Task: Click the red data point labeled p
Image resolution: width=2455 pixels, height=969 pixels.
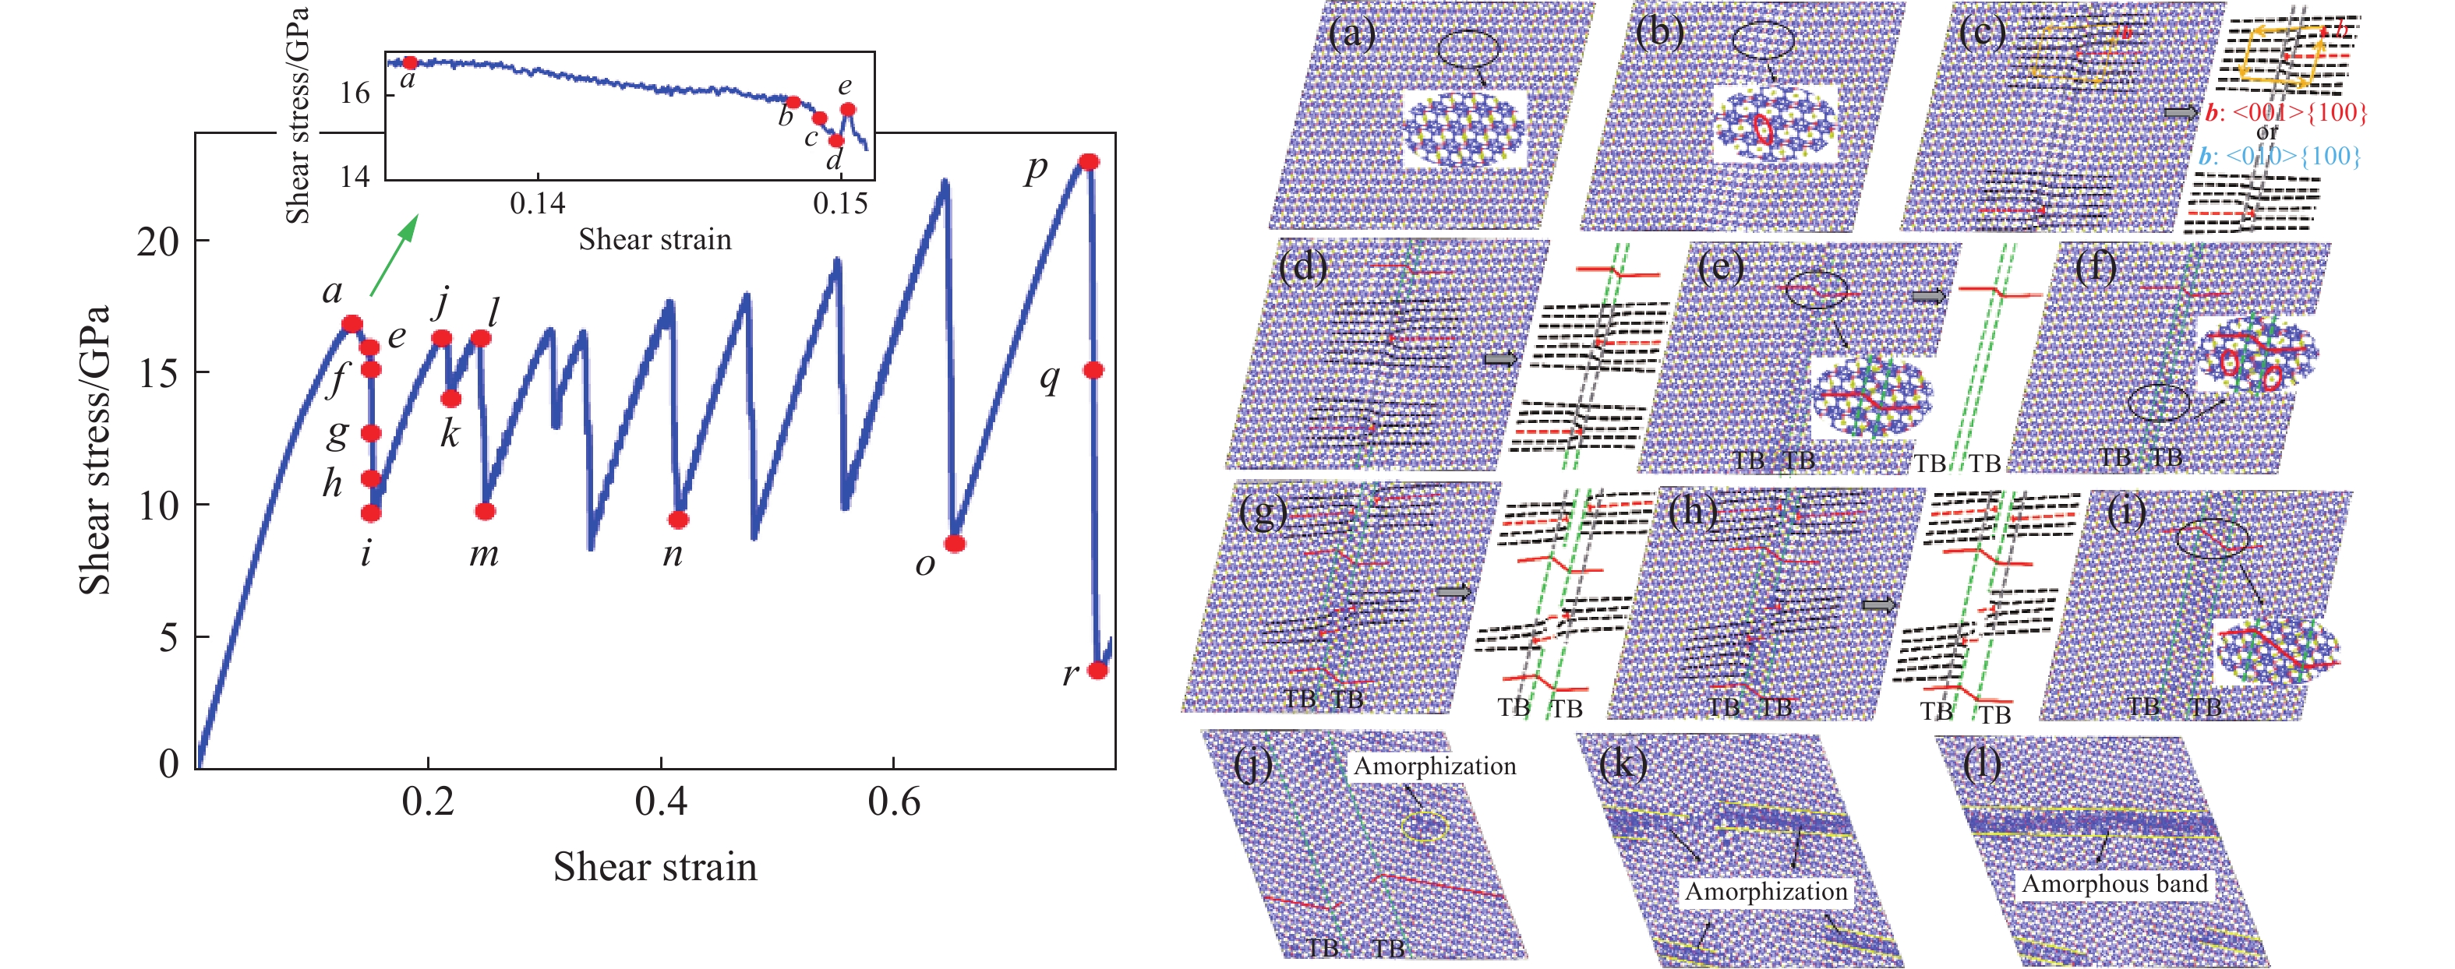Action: pos(1088,163)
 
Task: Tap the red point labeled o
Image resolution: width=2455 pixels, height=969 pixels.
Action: pos(954,544)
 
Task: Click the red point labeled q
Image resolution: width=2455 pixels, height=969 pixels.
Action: pos(1093,370)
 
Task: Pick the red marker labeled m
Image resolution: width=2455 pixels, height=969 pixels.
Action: pos(485,512)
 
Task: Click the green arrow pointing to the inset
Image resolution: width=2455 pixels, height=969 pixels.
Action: pos(394,255)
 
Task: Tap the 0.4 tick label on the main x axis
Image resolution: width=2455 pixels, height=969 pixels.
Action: pos(660,802)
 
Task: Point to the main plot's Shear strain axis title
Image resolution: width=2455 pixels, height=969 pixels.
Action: pos(655,867)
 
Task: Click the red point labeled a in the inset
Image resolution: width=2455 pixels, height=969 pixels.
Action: pos(410,63)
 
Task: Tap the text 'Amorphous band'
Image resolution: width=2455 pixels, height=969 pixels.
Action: pos(2114,884)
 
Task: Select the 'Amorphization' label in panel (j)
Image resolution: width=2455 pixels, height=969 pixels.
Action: pos(1434,766)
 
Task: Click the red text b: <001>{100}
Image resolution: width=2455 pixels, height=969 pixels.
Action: pos(2284,112)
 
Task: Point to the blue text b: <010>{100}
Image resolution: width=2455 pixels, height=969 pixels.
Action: pos(2280,155)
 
